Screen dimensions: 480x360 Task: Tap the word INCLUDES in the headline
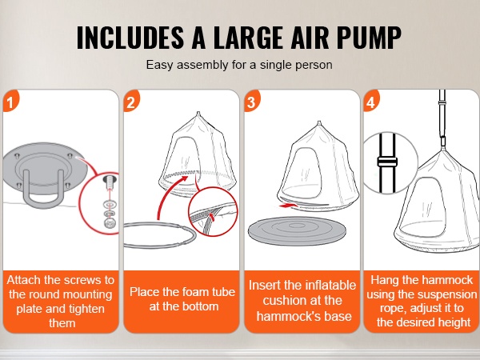point(130,38)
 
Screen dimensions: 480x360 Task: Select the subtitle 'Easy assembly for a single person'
point(239,65)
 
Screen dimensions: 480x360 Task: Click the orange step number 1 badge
point(10,102)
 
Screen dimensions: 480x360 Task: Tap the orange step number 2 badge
point(131,102)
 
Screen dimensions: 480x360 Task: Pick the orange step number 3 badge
point(252,102)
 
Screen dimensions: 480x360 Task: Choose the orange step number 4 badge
point(371,102)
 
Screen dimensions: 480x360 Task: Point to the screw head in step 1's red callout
point(110,182)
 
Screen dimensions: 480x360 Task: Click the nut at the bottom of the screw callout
point(110,223)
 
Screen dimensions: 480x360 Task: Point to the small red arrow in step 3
point(289,206)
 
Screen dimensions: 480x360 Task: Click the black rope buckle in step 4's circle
point(387,162)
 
